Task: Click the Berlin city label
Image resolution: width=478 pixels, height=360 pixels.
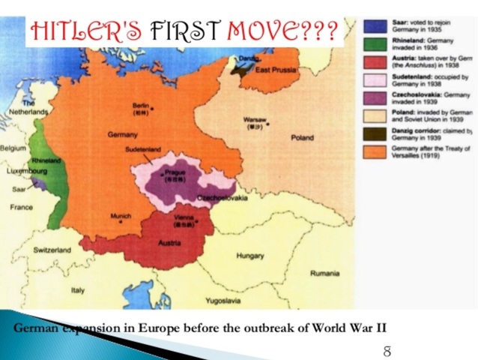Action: tap(140, 105)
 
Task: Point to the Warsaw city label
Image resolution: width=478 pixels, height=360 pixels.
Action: tap(254, 120)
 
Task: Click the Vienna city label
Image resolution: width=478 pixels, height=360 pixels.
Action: tap(184, 217)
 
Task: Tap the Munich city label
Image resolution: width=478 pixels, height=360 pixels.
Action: tap(121, 216)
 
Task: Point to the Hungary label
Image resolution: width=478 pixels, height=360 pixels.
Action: tap(250, 256)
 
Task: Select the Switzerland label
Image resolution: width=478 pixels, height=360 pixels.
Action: tap(52, 250)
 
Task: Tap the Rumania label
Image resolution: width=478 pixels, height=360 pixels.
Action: tap(325, 273)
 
